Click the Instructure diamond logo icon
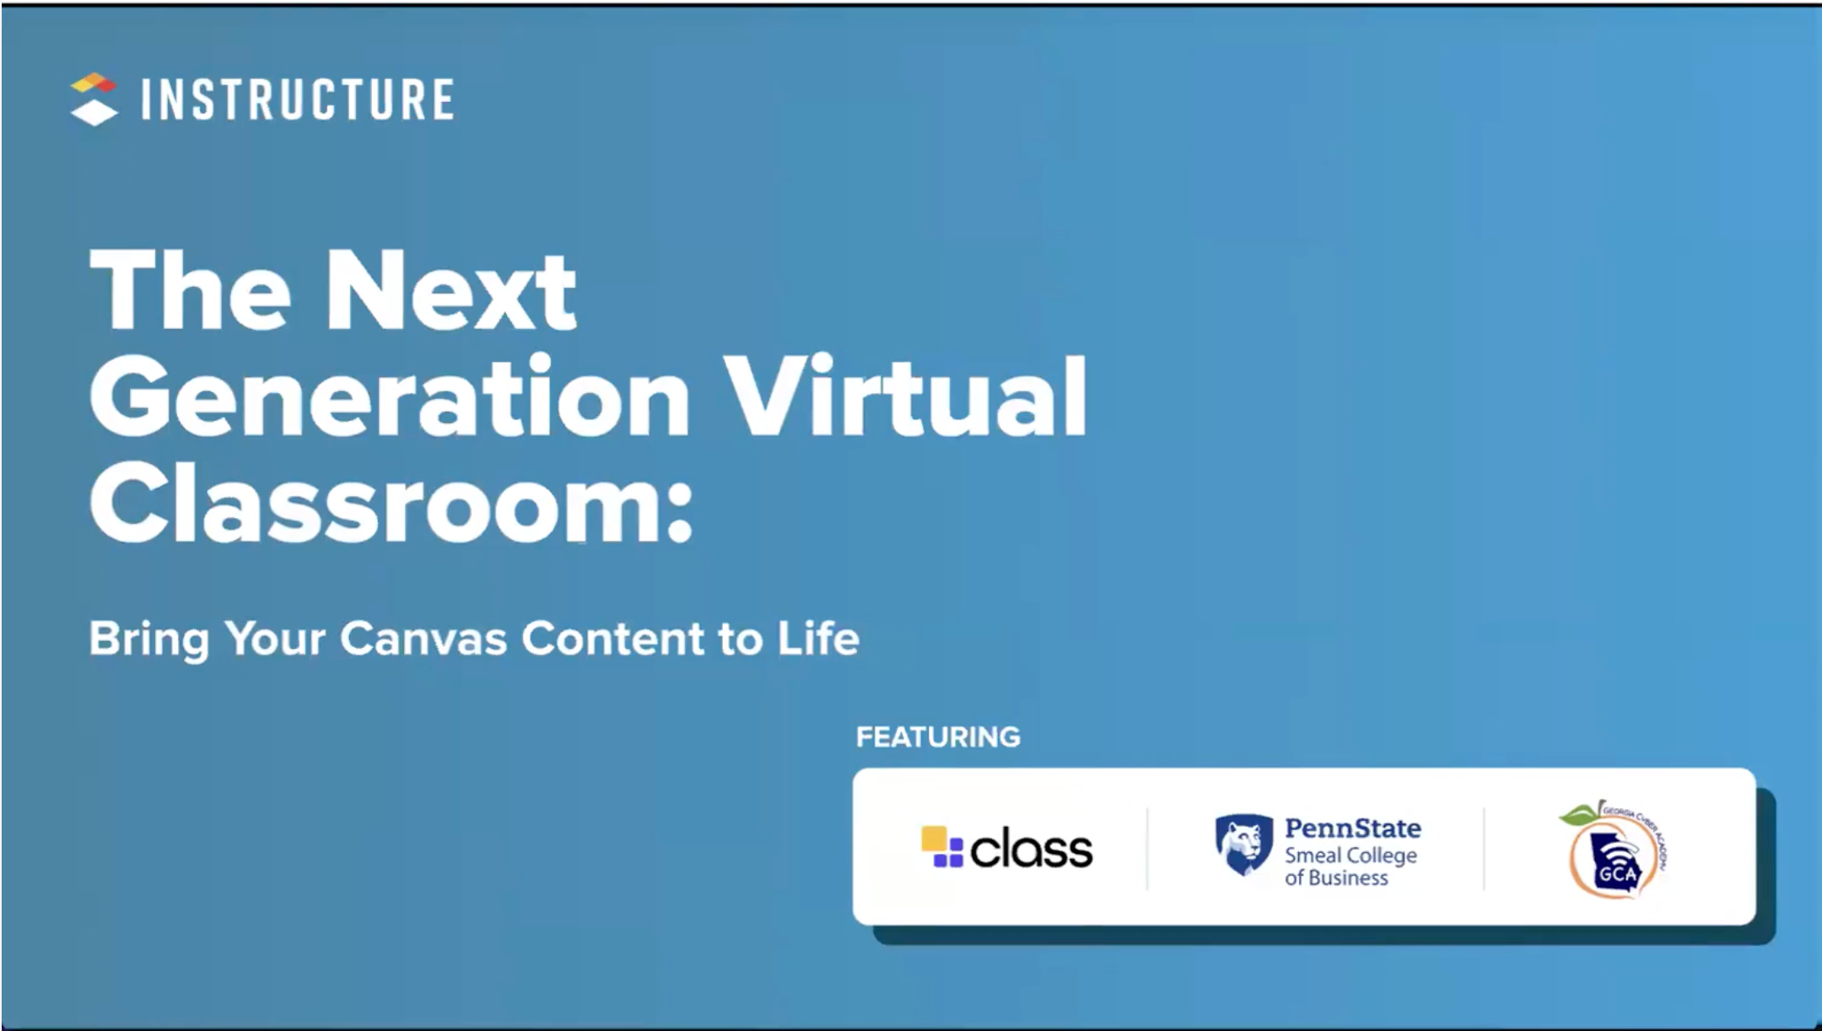pos(93,99)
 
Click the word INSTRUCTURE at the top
pos(297,100)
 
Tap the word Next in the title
pos(450,291)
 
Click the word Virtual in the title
pos(906,397)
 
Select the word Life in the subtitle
pos(817,639)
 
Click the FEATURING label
pos(938,737)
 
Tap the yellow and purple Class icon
pos(941,847)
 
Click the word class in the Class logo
pos(1031,849)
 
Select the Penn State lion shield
pos(1243,845)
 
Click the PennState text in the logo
pos(1352,829)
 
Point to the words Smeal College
pos(1350,856)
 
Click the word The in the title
pos(190,291)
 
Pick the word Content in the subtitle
pos(612,639)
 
